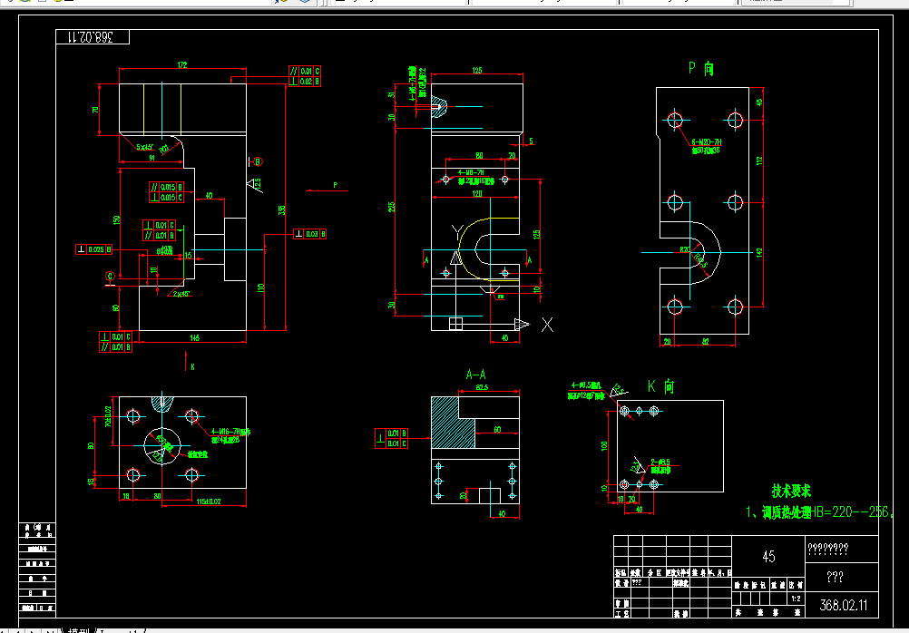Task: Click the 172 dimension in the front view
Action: (x=182, y=65)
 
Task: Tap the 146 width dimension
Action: (x=194, y=338)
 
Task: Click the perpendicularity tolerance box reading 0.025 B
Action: (x=94, y=249)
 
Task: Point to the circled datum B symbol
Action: (x=257, y=161)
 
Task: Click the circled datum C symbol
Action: (x=111, y=275)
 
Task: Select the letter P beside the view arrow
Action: (x=336, y=185)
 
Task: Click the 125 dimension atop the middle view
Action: (x=476, y=70)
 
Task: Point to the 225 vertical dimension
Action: (x=393, y=208)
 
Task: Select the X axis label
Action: (x=546, y=324)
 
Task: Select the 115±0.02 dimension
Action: (x=210, y=502)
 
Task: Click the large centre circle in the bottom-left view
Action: (x=162, y=443)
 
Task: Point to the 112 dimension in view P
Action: (x=760, y=161)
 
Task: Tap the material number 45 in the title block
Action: (x=767, y=557)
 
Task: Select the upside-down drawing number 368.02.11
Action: (x=90, y=37)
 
